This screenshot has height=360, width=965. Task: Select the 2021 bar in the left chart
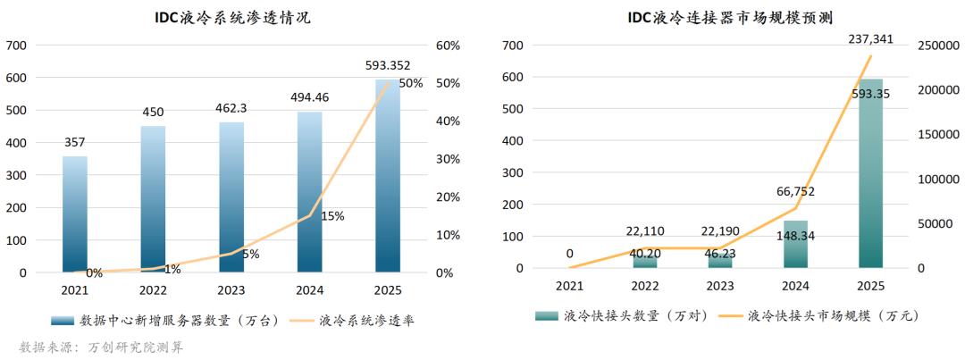point(75,213)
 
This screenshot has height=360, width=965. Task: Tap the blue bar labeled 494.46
point(309,191)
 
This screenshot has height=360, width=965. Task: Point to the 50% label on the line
point(410,83)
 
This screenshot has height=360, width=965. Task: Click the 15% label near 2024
point(331,216)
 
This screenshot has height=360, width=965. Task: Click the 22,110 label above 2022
point(645,232)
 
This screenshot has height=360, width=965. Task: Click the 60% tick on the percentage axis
point(448,46)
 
